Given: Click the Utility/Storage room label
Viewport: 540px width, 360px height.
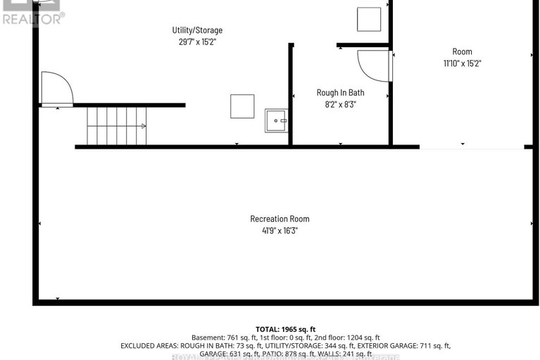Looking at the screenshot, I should (x=197, y=30).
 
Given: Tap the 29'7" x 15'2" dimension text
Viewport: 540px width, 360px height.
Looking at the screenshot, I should (x=197, y=42).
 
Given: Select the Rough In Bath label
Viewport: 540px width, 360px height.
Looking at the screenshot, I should (x=340, y=92).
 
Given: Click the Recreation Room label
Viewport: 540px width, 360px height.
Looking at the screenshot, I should (x=280, y=219).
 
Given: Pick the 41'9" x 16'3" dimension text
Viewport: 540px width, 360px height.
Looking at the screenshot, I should (x=280, y=230).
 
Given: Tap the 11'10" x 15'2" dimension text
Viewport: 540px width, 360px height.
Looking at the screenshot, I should (x=462, y=63).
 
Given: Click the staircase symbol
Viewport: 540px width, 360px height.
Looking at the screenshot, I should (x=116, y=126).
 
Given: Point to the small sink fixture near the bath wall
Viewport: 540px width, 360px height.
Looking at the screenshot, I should (x=276, y=120).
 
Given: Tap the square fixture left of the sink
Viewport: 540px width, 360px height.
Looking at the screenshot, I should (x=242, y=106).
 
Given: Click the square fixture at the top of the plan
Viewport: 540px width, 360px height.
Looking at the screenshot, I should (x=368, y=19).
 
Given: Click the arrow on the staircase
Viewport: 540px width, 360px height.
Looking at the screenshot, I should (x=143, y=126).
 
